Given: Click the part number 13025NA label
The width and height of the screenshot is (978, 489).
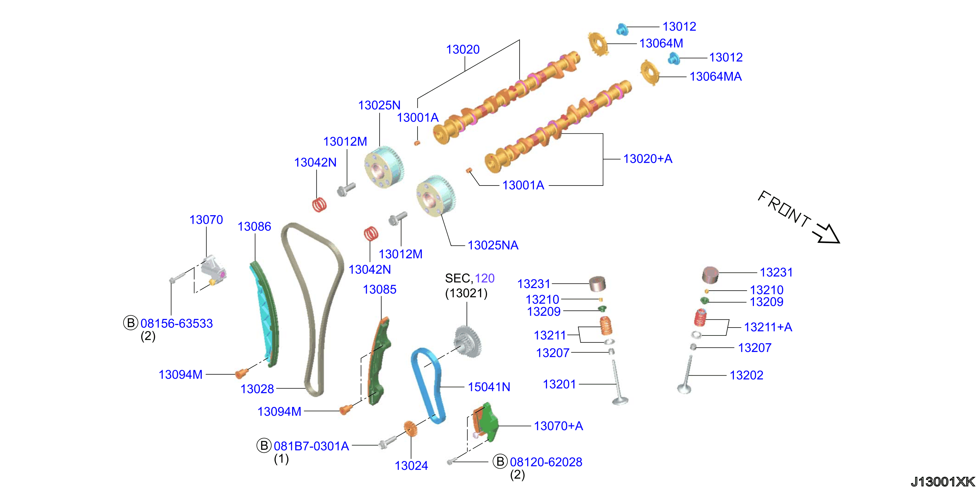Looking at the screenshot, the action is click(493, 245).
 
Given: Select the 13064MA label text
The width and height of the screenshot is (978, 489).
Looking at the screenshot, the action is click(716, 77).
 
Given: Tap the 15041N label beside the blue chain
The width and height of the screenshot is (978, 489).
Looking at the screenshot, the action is click(489, 387).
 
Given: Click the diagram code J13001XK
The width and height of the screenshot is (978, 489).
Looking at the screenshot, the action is click(943, 481).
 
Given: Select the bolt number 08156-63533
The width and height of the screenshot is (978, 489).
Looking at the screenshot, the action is click(177, 324).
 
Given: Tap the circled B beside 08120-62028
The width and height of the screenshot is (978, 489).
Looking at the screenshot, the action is click(500, 462).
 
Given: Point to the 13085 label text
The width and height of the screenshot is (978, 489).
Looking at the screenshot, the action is click(380, 289).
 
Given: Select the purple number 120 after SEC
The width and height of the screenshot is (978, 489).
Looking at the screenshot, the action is click(485, 278).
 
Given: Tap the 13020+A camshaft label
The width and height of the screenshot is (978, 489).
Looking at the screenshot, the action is click(648, 159).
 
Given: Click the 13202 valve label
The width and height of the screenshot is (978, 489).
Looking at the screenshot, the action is click(746, 375).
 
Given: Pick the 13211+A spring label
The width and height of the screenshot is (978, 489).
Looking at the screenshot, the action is click(768, 327).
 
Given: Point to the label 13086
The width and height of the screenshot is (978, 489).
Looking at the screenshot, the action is click(254, 227).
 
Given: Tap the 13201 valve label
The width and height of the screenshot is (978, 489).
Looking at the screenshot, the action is click(560, 384).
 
